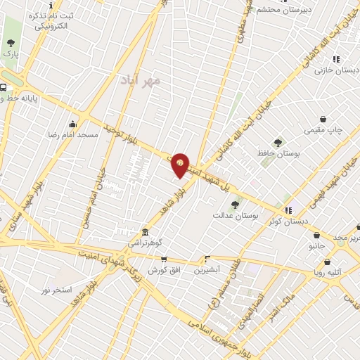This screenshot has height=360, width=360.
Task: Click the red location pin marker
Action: pos(180,165)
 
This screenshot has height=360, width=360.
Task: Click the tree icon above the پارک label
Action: pos(10,41)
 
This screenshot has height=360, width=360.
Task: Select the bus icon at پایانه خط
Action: pos(4,88)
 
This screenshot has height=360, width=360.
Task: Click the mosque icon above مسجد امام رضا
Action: pos(73,124)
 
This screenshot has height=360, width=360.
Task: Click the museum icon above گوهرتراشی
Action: pos(144,232)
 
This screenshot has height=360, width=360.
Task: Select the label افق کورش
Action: pos(162,270)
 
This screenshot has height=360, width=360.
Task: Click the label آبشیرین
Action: pos(207,269)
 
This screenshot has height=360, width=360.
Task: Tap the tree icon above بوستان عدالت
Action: pos(234,205)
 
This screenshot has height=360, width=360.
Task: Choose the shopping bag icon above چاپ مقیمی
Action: pos(323,119)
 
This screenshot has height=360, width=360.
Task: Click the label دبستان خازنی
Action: pos(333,70)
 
